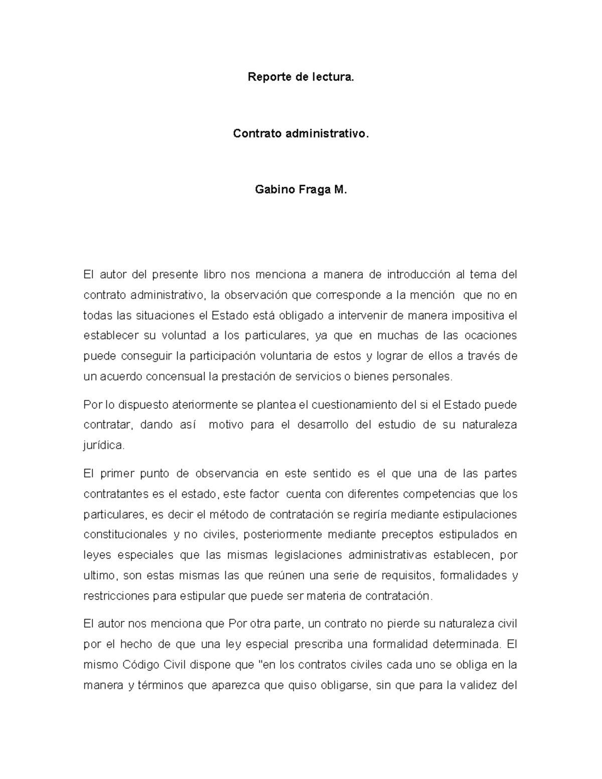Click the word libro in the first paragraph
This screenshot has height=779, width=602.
click(214, 274)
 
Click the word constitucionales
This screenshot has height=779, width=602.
click(125, 535)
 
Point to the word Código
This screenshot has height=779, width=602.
click(141, 665)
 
